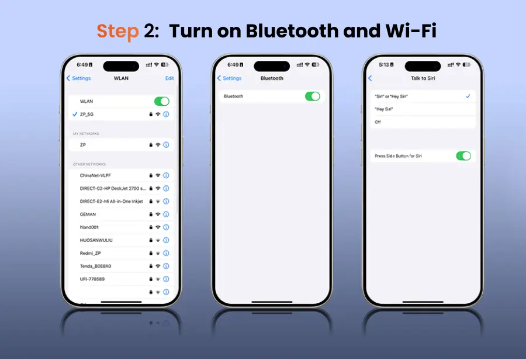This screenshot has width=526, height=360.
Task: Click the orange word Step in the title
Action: (x=117, y=32)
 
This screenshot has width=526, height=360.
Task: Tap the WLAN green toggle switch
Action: (x=162, y=101)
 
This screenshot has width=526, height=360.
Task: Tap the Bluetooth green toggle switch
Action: (x=312, y=96)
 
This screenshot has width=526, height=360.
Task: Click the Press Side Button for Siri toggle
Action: (x=463, y=155)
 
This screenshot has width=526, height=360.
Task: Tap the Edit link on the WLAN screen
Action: (x=169, y=78)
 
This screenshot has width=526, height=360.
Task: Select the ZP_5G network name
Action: (x=86, y=115)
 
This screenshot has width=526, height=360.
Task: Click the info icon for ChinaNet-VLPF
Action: (x=166, y=175)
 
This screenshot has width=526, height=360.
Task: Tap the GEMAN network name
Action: (x=88, y=214)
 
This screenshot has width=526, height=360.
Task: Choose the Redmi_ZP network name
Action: (x=90, y=253)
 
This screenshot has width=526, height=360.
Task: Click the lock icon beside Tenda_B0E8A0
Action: (x=151, y=266)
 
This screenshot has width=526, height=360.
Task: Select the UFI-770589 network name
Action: (x=92, y=279)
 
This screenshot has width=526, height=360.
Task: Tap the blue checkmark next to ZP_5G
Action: (x=75, y=114)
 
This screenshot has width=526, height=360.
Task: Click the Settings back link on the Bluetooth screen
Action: (x=230, y=78)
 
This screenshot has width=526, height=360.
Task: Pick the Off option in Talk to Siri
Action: (x=378, y=122)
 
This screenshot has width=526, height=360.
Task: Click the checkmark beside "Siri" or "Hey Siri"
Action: (x=468, y=96)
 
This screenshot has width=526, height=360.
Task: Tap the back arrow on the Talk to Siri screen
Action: (x=370, y=78)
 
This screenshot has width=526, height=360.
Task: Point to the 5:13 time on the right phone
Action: (x=384, y=65)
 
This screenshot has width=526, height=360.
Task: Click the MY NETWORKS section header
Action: (x=86, y=133)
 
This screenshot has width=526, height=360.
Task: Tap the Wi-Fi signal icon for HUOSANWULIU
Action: (x=158, y=240)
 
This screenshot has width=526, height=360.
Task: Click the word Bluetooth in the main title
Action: (x=292, y=31)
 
